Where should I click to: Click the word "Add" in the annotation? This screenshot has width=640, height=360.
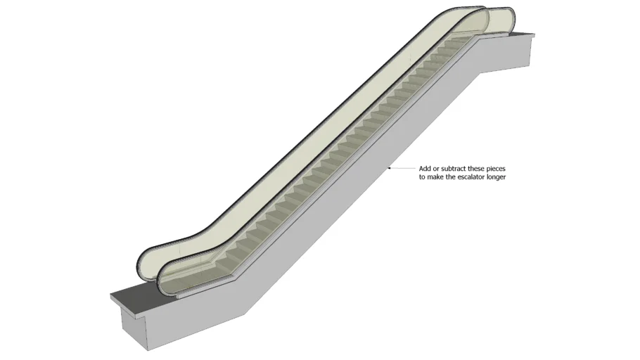[425, 169]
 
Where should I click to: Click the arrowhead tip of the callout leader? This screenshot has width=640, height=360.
[389, 169]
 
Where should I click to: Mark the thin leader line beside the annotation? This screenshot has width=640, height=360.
[402, 169]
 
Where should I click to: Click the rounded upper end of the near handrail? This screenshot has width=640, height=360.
[506, 18]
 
